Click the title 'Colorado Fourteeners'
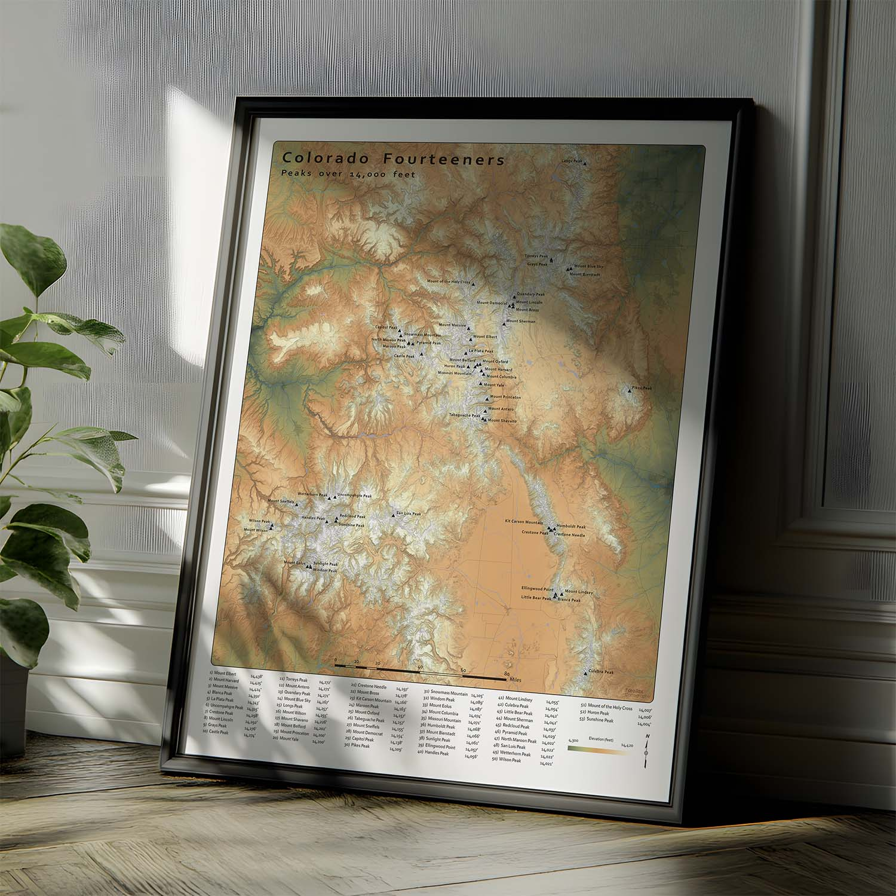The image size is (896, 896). click(394, 160)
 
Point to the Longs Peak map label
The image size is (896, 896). click(571, 161)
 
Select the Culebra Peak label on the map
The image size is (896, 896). click(601, 672)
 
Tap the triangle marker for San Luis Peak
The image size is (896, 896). click(392, 515)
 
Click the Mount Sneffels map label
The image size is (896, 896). click(281, 501)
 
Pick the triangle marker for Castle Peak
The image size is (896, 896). click(422, 354)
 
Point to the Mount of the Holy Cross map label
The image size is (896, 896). click(449, 282)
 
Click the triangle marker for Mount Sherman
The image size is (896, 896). click(504, 323)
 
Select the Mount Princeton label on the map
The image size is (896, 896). click(505, 397)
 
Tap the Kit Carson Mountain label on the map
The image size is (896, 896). click(524, 522)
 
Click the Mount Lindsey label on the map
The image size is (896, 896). click(579, 592)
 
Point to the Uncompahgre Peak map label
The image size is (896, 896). click(355, 495)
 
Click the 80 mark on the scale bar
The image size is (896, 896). click(507, 674)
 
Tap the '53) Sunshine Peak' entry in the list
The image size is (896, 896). click(600, 720)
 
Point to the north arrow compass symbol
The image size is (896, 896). click(646, 751)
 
